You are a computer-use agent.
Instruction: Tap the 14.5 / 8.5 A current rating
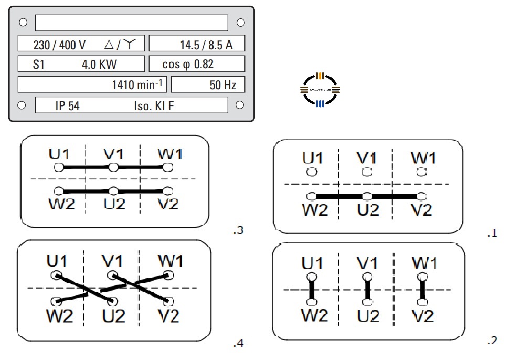[206, 45]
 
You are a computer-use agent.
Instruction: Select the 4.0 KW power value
[99, 65]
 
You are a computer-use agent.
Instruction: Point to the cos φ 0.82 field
[187, 65]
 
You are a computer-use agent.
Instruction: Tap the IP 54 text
[67, 106]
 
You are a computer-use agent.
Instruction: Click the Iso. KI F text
[153, 106]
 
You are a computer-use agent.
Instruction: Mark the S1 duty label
[39, 65]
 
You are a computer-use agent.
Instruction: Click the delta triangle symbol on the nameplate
[109, 45]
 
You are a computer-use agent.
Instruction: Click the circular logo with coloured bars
[320, 90]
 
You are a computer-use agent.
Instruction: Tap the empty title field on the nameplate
[131, 23]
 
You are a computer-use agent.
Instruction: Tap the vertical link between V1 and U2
[367, 289]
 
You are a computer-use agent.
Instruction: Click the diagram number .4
[238, 344]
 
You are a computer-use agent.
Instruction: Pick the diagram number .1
[492, 234]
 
